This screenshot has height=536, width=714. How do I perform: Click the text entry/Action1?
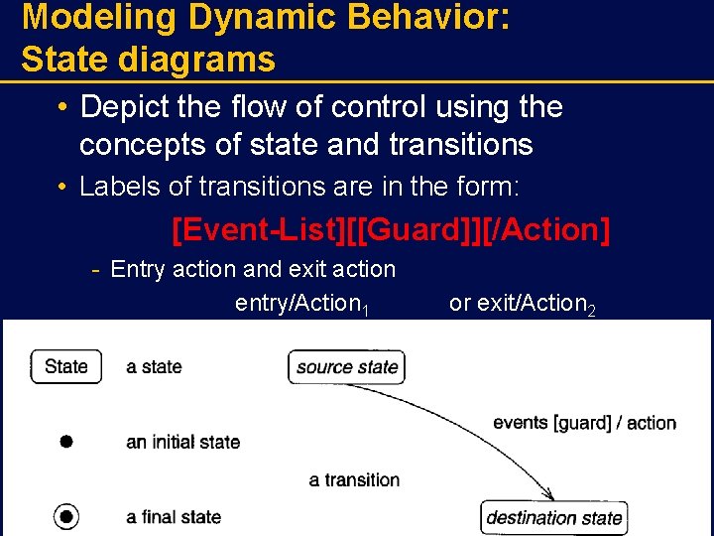(x=301, y=304)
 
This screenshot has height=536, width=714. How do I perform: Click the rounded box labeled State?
(x=65, y=366)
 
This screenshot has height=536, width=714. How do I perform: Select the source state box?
(x=347, y=367)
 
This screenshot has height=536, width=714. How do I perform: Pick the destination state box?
(x=553, y=517)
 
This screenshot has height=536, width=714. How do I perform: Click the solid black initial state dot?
(x=65, y=442)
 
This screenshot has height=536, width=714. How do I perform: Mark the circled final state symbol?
(x=65, y=517)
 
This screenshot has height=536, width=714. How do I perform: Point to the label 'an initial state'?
(x=182, y=443)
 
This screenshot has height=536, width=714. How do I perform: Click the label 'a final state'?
(x=174, y=517)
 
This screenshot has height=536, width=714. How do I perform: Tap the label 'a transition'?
(x=354, y=480)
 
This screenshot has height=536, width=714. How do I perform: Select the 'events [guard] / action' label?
(x=584, y=423)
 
